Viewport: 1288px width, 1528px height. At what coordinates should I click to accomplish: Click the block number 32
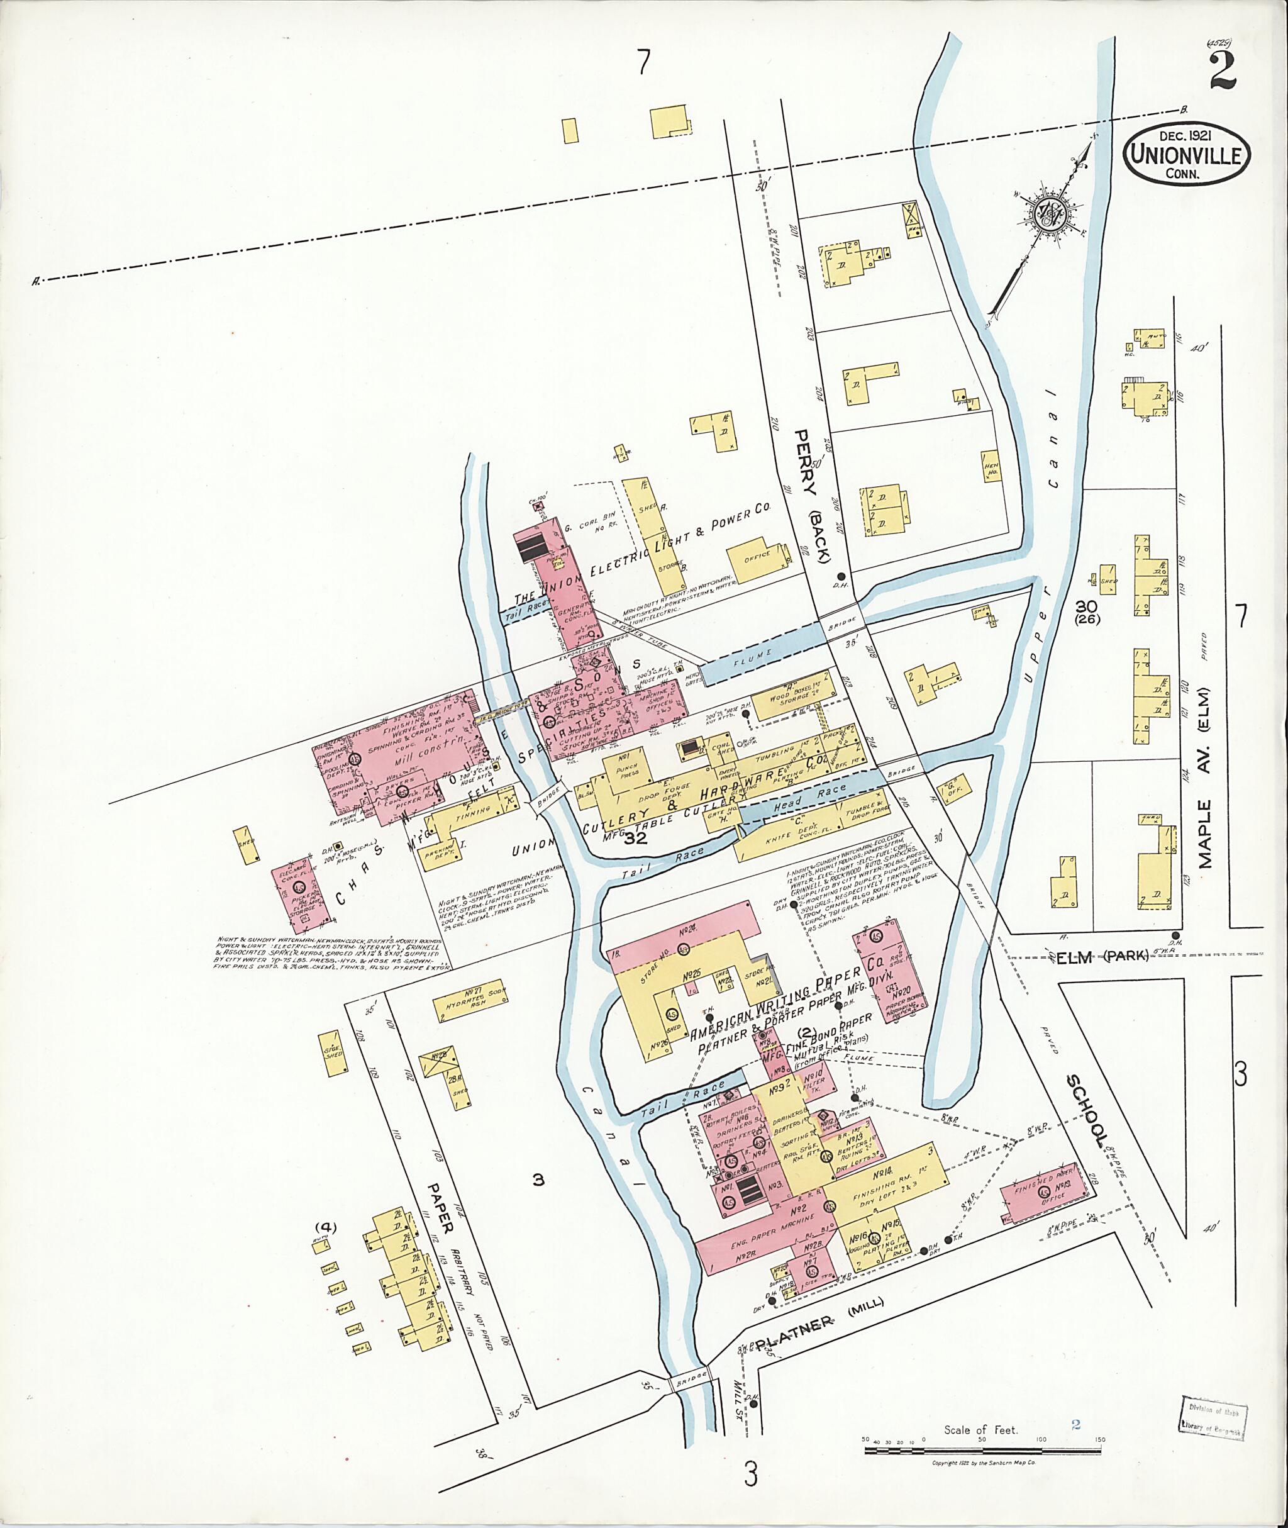[x=635, y=839]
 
